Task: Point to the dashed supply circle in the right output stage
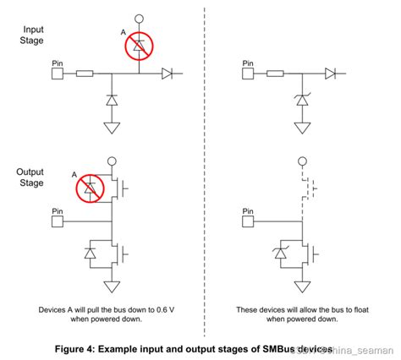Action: [301, 161]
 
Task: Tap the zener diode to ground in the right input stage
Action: [301, 101]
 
